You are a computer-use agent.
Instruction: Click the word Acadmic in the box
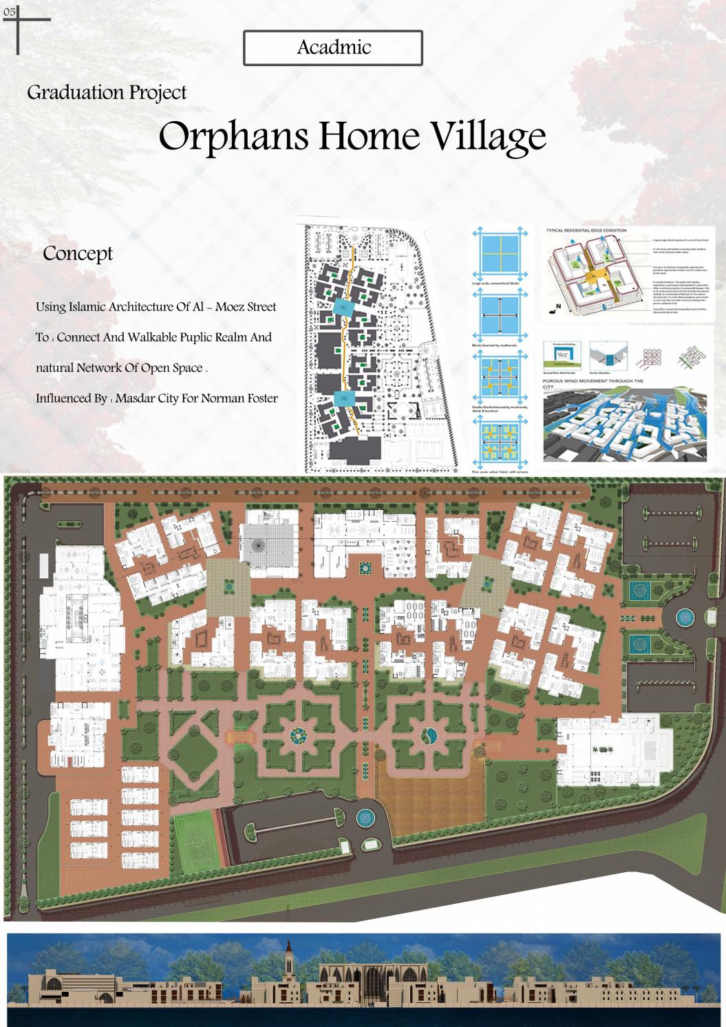[x=334, y=47]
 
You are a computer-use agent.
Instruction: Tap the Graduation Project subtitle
[x=107, y=92]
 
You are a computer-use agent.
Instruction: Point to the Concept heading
[x=78, y=253]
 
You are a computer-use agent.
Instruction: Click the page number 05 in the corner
[x=9, y=12]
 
